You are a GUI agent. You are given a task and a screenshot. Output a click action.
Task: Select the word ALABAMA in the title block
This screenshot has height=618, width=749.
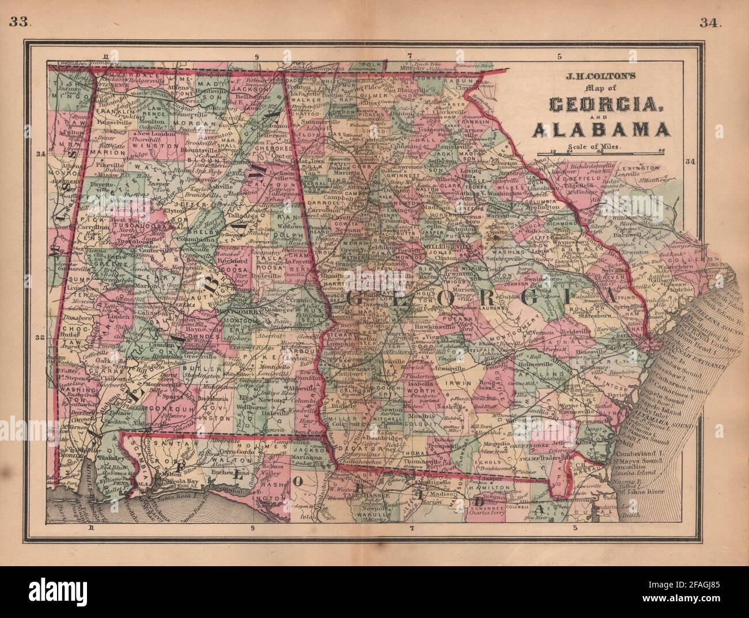pyautogui.click(x=601, y=131)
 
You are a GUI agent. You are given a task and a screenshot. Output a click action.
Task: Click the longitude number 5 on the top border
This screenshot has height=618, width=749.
pyautogui.click(x=559, y=56)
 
